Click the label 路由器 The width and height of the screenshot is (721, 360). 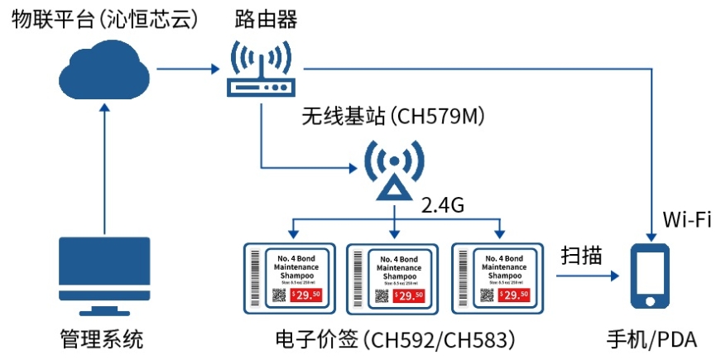267,19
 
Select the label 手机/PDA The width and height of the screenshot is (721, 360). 651,339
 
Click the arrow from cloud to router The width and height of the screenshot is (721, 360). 187,70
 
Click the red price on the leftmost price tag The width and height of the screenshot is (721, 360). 305,295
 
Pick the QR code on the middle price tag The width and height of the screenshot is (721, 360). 384,294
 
